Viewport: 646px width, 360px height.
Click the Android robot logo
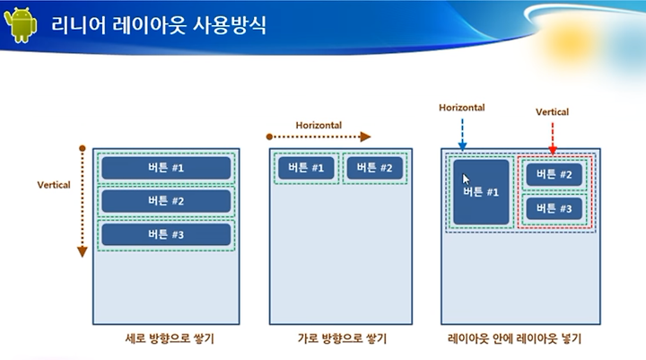tap(20, 25)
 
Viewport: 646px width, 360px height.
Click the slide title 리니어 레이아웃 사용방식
tap(159, 25)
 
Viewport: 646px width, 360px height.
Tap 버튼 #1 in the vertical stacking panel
tap(166, 168)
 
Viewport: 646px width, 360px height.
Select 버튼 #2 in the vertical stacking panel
tap(166, 201)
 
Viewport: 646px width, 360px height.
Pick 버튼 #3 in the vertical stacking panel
tap(166, 234)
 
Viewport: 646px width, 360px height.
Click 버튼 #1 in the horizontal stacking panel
tap(306, 168)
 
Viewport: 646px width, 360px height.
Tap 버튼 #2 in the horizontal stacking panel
tap(374, 168)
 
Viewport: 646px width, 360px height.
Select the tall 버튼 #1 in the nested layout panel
tap(481, 192)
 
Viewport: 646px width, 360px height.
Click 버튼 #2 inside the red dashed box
tap(554, 174)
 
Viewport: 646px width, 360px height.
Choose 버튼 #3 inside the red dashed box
tap(554, 208)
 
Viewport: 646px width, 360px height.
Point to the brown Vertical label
tap(54, 185)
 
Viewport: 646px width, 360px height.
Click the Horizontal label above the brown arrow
tap(319, 125)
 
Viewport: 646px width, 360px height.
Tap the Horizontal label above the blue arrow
tap(462, 108)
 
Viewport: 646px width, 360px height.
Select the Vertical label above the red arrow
tap(552, 111)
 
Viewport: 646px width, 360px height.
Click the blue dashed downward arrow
tap(462, 135)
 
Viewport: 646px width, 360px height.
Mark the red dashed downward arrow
tap(553, 138)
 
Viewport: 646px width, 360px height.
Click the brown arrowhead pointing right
tap(365, 136)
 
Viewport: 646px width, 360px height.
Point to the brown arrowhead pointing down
tap(83, 251)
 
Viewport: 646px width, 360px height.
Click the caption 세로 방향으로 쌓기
tap(170, 339)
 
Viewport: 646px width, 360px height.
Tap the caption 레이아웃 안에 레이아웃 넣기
tap(514, 339)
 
